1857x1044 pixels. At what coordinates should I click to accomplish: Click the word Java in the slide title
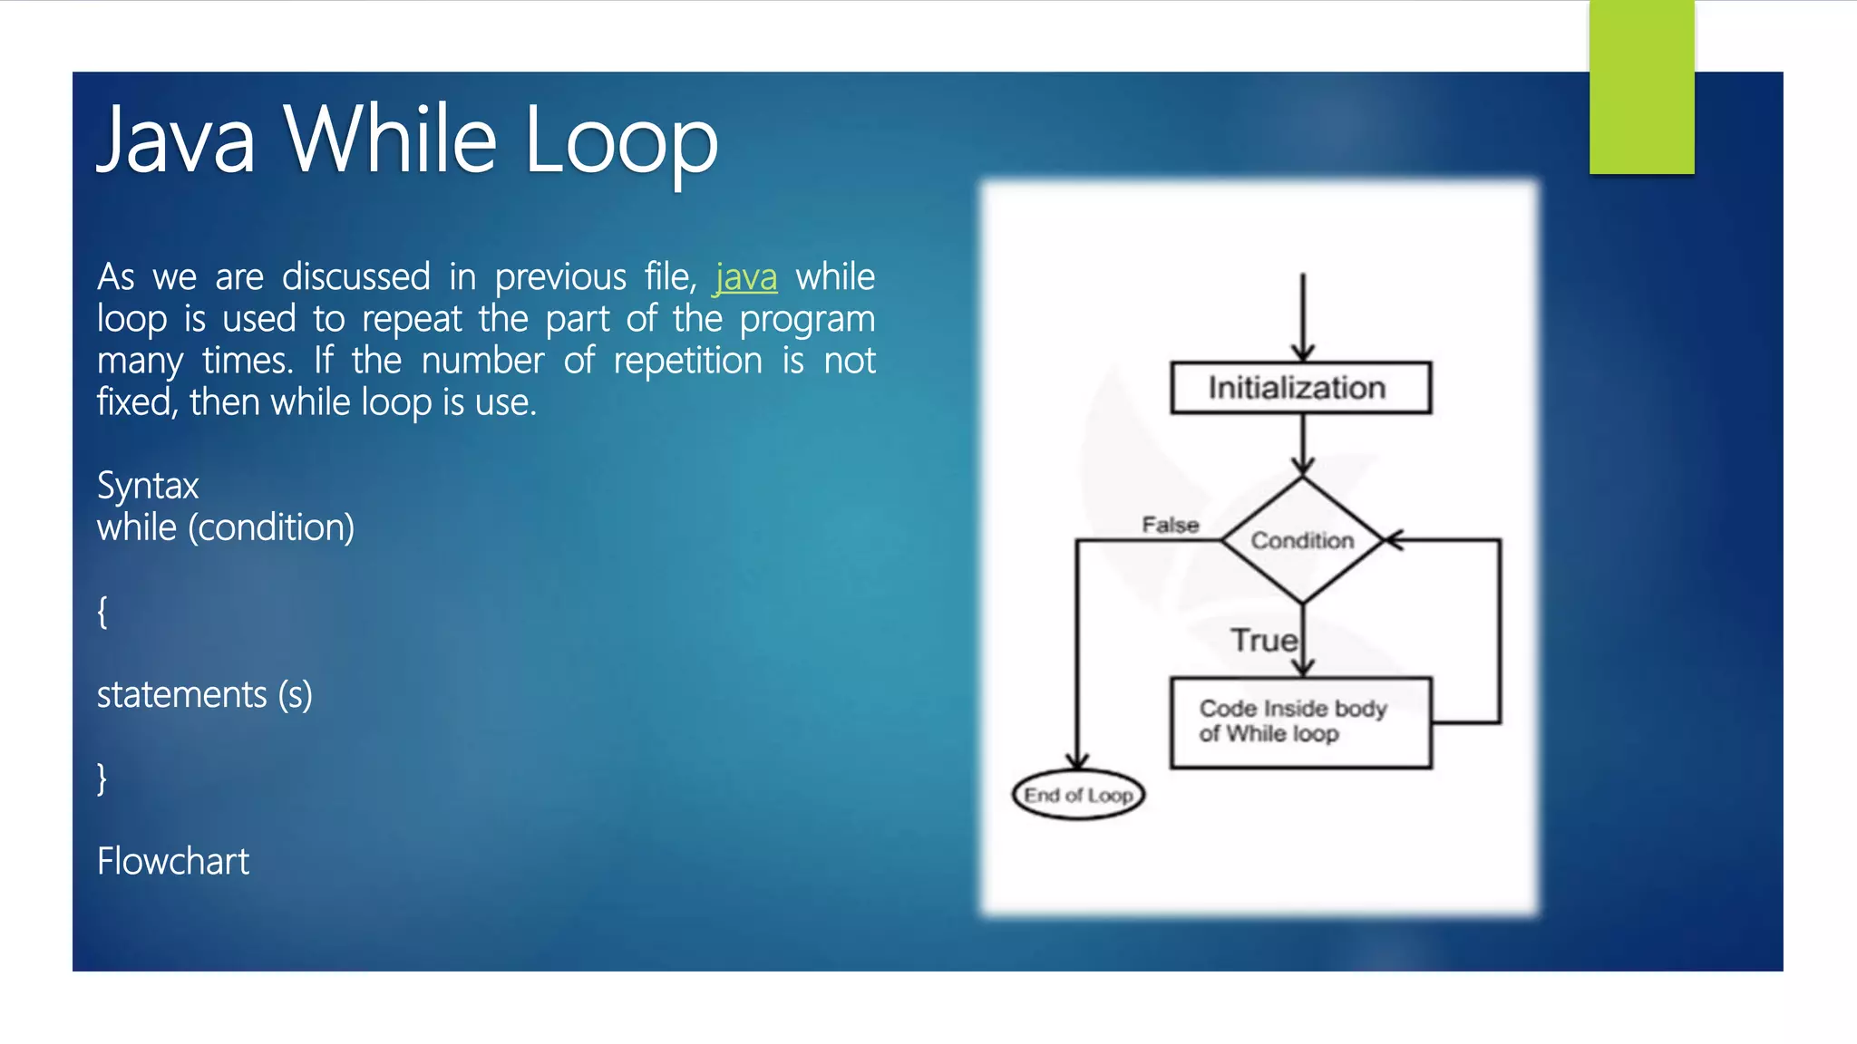pos(176,140)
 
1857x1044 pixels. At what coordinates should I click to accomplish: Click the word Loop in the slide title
pos(620,140)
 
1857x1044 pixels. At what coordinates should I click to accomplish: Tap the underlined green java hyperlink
pos(745,277)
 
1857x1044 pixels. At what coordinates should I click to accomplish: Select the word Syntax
pos(148,487)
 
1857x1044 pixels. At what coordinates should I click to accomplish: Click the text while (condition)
pos(226,527)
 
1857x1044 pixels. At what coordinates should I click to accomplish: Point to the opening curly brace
pos(102,612)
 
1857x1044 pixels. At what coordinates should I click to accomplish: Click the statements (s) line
pos(205,695)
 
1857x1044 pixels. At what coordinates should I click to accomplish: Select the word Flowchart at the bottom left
pos(173,861)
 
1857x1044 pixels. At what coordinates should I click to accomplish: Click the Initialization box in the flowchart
pos(1300,388)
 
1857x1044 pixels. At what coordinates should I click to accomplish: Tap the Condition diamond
pos(1302,540)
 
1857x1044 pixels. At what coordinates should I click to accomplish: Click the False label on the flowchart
pos(1170,525)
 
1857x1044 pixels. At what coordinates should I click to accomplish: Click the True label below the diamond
pos(1263,641)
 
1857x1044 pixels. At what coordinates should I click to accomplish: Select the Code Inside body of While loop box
pos(1300,722)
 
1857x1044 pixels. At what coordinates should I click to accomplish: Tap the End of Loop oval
pos(1078,795)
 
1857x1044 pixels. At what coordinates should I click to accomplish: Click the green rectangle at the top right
pos(1641,86)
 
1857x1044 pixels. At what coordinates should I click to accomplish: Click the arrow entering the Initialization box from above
pos(1303,317)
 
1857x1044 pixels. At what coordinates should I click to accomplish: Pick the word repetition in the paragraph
pos(688,361)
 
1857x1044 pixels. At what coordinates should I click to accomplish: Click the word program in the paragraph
pos(807,319)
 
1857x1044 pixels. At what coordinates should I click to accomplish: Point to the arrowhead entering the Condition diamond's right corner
pos(1394,540)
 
